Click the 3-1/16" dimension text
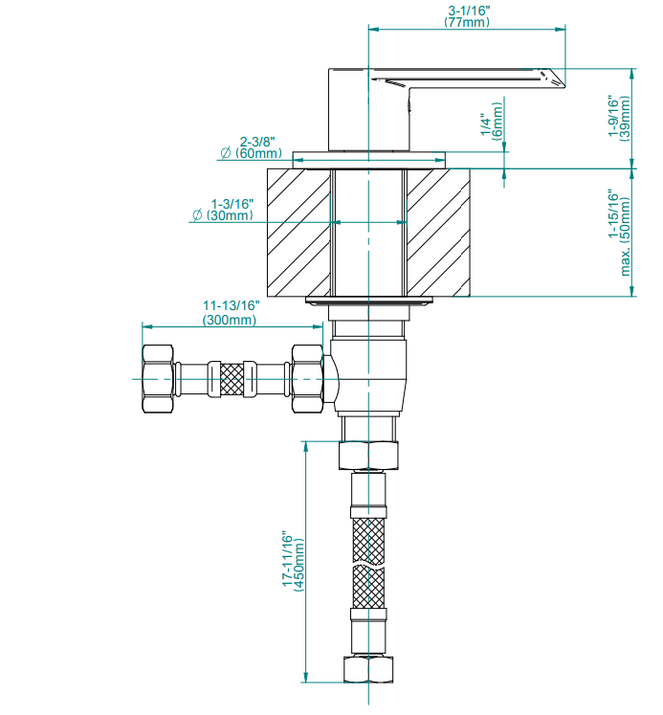click(x=469, y=11)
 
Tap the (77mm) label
click(x=467, y=22)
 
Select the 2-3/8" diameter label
click(x=258, y=142)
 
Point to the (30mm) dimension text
click(x=230, y=215)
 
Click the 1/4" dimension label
click(x=486, y=124)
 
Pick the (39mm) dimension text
click(x=626, y=118)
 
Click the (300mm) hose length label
click(x=230, y=320)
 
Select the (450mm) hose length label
click(x=298, y=565)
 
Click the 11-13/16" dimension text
click(x=231, y=304)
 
